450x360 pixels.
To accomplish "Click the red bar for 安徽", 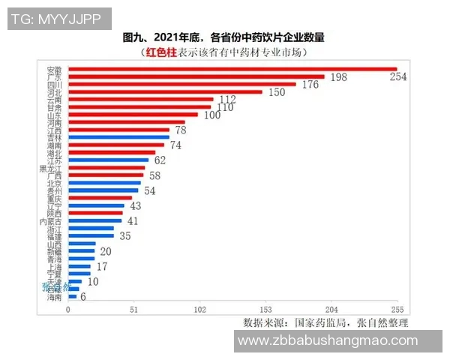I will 232,69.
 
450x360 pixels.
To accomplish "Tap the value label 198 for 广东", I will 339,78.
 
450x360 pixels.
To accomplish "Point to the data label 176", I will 310,85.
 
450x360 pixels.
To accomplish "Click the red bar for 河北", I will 165,91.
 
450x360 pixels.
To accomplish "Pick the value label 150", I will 277,92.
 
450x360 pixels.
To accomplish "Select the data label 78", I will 181,130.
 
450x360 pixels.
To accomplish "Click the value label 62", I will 160,160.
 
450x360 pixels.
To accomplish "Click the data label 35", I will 125,236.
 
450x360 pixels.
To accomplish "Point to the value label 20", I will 106,251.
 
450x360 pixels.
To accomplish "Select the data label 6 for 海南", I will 83,297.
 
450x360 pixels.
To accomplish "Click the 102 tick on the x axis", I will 200,310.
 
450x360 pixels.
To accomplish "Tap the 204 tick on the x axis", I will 331,310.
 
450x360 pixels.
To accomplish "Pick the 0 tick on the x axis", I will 68,310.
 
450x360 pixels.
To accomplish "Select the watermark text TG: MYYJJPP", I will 57,18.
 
